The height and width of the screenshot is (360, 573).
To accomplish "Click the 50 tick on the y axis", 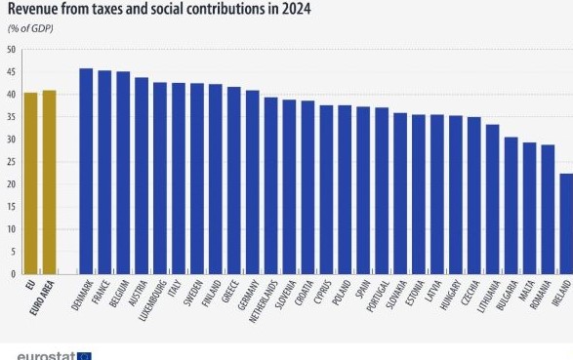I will pos(10,50).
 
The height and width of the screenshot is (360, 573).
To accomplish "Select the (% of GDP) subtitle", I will pos(30,29).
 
